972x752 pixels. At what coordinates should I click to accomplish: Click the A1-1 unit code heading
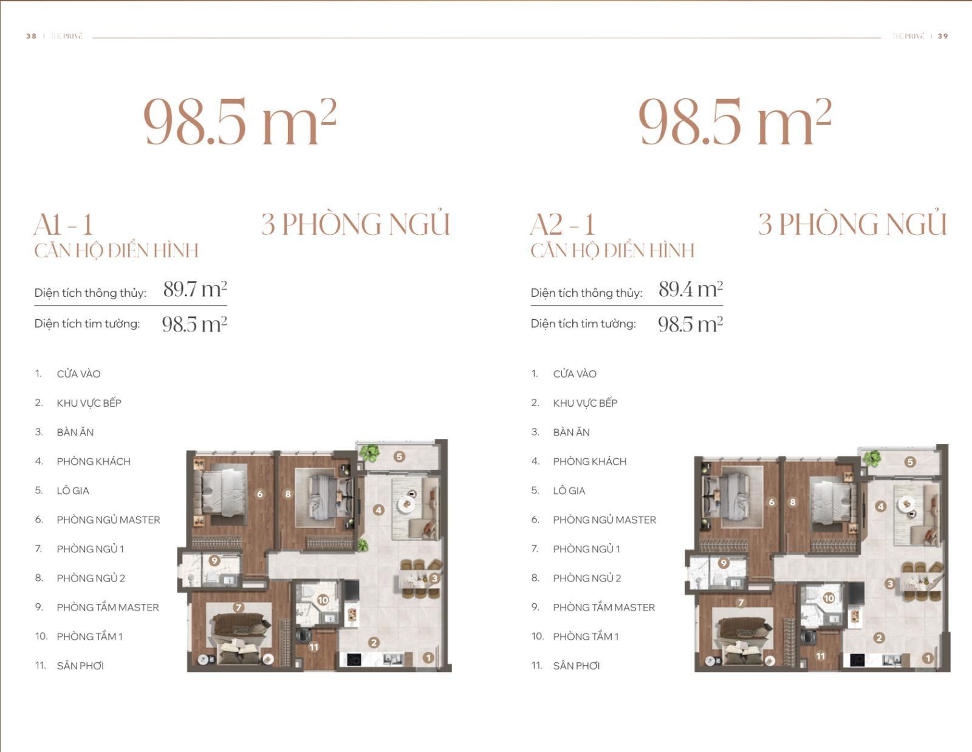pyautogui.click(x=64, y=225)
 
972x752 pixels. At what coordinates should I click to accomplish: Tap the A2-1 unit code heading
pyautogui.click(x=563, y=225)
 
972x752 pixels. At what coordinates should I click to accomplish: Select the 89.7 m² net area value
pyautogui.click(x=195, y=289)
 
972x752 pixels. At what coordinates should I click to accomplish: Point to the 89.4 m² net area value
pyautogui.click(x=691, y=289)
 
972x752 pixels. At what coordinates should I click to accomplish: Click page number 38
pyautogui.click(x=32, y=36)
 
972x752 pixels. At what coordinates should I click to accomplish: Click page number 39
pyautogui.click(x=943, y=36)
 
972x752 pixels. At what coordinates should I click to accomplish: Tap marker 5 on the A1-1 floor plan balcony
pyautogui.click(x=400, y=456)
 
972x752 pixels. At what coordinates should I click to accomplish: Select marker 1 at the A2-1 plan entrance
pyautogui.click(x=928, y=658)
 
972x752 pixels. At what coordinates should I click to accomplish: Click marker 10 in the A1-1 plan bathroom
pyautogui.click(x=323, y=600)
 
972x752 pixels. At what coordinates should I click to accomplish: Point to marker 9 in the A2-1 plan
pyautogui.click(x=724, y=563)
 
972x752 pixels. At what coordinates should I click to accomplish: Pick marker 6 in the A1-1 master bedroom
pyautogui.click(x=259, y=493)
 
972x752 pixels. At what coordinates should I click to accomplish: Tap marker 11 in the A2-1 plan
pyautogui.click(x=820, y=656)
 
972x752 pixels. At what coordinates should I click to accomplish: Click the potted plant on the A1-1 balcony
pyautogui.click(x=370, y=453)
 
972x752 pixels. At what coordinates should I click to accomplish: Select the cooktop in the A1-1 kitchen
pyautogui.click(x=354, y=660)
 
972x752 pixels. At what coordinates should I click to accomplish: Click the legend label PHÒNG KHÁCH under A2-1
pyautogui.click(x=589, y=461)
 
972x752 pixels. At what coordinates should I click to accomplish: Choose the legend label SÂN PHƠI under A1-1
pyautogui.click(x=80, y=665)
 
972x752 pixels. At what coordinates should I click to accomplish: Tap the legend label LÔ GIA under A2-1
pyautogui.click(x=569, y=490)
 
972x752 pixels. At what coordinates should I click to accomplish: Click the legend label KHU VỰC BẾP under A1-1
pyautogui.click(x=89, y=402)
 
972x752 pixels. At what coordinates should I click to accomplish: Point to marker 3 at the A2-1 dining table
pyautogui.click(x=890, y=583)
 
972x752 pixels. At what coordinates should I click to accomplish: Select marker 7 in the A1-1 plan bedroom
pyautogui.click(x=238, y=607)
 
